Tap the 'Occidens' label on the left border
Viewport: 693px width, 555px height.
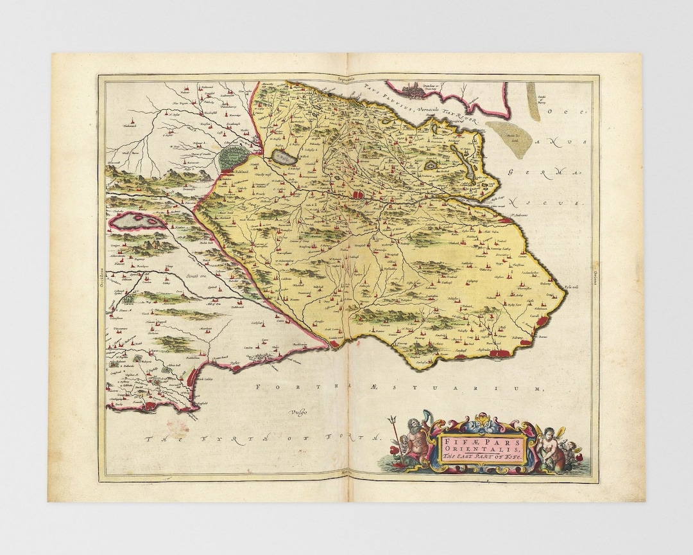point(102,276)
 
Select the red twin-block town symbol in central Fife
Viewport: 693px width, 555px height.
point(356,194)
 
